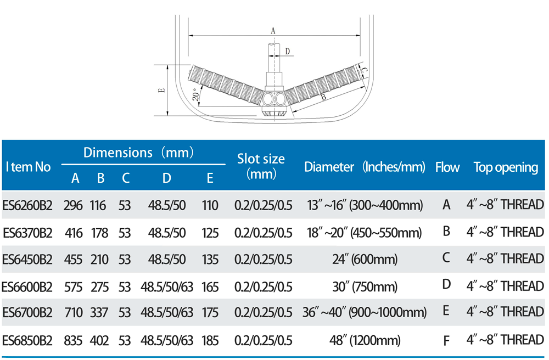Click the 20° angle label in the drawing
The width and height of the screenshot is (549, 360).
[x=197, y=95]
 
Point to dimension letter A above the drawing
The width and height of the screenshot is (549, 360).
[x=273, y=31]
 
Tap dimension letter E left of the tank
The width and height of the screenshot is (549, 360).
[x=162, y=90]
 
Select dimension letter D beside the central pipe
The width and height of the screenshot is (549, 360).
[x=288, y=52]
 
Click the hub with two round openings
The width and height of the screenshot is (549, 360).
[x=275, y=99]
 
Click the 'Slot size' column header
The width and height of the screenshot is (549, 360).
[x=261, y=166]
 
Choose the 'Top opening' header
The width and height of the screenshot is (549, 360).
[x=506, y=167]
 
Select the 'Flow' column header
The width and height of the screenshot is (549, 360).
[x=447, y=167]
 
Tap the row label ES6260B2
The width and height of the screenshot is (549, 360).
[x=27, y=205]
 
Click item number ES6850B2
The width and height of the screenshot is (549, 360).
[x=27, y=340]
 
